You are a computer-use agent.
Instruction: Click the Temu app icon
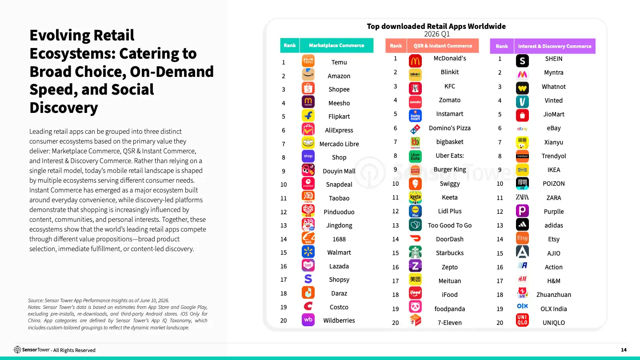click(x=308, y=61)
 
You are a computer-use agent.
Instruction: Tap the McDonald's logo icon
click(x=415, y=61)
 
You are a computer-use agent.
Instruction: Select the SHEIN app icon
click(x=522, y=61)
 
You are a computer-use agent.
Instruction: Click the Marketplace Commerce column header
click(x=336, y=45)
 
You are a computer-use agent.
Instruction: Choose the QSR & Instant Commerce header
click(x=443, y=46)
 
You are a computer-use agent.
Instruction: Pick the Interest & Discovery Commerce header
click(x=555, y=46)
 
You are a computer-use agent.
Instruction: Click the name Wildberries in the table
click(x=339, y=320)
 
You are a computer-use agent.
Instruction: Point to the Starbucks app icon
click(x=415, y=252)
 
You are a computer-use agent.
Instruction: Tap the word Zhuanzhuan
click(x=554, y=295)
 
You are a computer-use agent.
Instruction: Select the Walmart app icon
click(x=308, y=252)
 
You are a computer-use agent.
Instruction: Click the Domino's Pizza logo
click(x=415, y=129)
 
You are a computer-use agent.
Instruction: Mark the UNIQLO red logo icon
click(x=522, y=320)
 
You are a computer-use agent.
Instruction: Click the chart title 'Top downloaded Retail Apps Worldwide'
click(x=436, y=26)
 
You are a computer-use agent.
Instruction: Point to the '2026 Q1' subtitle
click(x=437, y=34)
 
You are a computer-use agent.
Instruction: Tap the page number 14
click(x=624, y=350)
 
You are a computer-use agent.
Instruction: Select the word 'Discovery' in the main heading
click(x=64, y=108)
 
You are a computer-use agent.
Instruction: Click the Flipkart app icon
click(x=308, y=116)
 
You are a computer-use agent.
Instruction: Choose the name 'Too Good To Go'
click(x=450, y=225)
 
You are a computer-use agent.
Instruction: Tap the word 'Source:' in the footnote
click(x=36, y=300)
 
